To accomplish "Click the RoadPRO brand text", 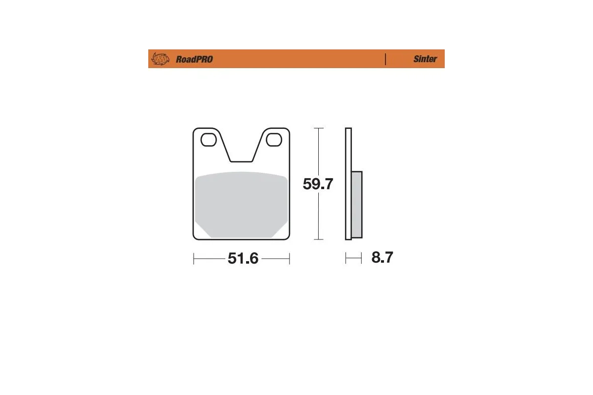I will [194, 59].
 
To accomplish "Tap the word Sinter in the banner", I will [425, 59].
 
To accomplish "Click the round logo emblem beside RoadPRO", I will [160, 59].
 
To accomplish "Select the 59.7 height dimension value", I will [318, 185].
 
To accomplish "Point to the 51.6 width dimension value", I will [243, 258].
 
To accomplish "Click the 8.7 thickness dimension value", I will [382, 258].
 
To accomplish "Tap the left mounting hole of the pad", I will [209, 140].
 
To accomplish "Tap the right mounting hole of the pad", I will [273, 140].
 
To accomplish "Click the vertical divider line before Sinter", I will [385, 59].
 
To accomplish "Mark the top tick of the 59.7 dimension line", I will [319, 128].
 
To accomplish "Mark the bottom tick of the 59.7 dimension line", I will [319, 239].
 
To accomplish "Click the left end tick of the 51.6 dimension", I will [194, 258].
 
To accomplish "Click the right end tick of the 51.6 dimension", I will [289, 258].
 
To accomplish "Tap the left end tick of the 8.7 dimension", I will [346, 258].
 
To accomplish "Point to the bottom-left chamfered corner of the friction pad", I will [203, 231].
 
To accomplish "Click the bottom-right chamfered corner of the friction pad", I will [281, 231].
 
